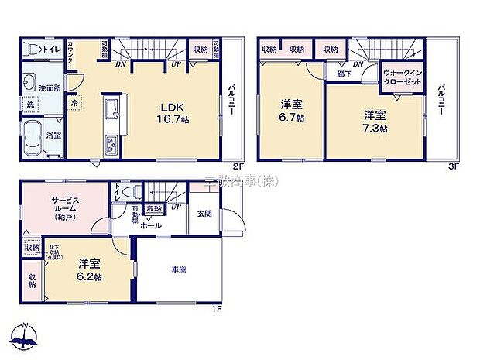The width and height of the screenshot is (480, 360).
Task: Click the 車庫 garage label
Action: [x=179, y=269]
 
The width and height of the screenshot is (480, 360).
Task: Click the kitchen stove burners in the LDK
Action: [x=109, y=143]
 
